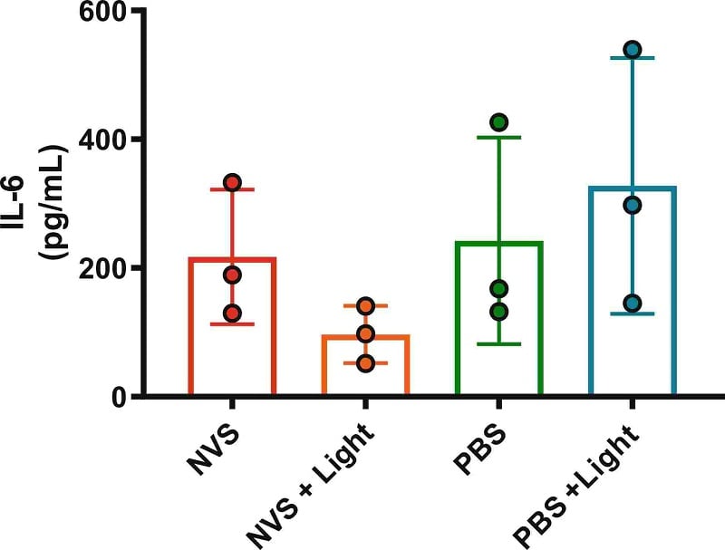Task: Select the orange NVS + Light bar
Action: click(x=365, y=367)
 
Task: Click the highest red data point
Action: click(x=232, y=183)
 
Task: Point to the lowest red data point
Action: click(x=232, y=314)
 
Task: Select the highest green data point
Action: click(x=498, y=122)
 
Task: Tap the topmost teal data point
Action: click(x=632, y=49)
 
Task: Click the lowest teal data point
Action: click(x=632, y=303)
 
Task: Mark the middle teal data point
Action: click(x=632, y=206)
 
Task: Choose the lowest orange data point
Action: click(x=365, y=363)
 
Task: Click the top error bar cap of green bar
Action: click(x=498, y=137)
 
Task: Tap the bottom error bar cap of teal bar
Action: click(x=632, y=314)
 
